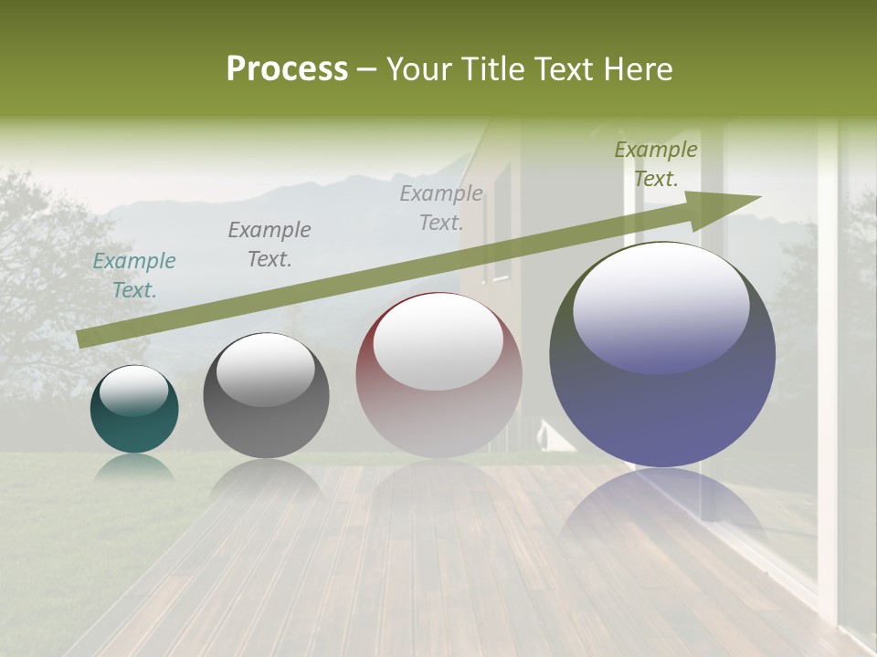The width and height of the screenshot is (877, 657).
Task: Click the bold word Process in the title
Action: (x=287, y=69)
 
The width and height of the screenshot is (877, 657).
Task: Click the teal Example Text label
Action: (x=134, y=276)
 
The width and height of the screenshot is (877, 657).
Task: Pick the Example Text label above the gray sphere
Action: (x=269, y=245)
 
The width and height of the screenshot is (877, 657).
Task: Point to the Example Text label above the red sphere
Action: (x=441, y=208)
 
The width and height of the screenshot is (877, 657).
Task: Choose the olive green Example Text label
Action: (x=656, y=164)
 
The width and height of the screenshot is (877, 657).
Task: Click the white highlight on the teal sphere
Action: (x=133, y=390)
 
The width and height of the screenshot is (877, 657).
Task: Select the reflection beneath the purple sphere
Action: (x=662, y=506)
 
